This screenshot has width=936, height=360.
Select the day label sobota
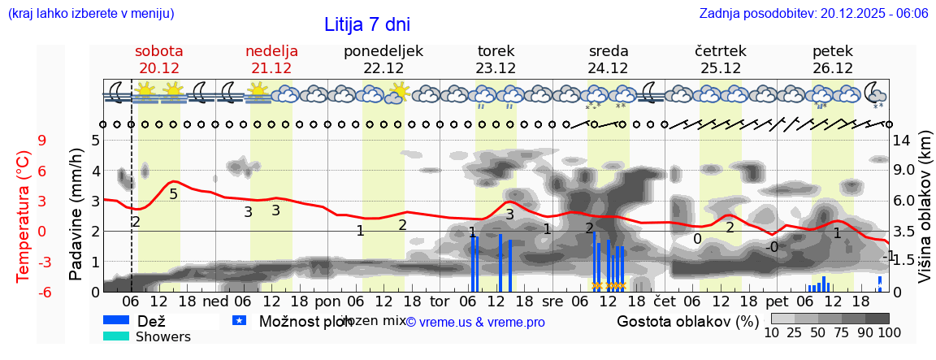(x=158, y=51)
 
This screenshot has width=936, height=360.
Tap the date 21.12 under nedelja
(x=271, y=68)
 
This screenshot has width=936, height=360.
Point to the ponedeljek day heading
(x=383, y=51)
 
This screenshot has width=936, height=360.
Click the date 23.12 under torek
(x=496, y=68)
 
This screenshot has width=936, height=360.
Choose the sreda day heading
(x=609, y=51)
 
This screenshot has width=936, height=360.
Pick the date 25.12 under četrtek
(x=721, y=68)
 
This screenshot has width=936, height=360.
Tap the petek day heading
(x=833, y=51)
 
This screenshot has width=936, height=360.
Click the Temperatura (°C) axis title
(x=23, y=215)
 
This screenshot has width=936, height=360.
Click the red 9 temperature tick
(x=42, y=141)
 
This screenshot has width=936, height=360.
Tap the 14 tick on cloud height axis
(x=903, y=141)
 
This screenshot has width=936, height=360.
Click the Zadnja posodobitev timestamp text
(x=813, y=14)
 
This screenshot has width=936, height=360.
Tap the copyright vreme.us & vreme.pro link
(x=475, y=322)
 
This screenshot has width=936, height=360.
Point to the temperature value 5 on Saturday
(x=173, y=193)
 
